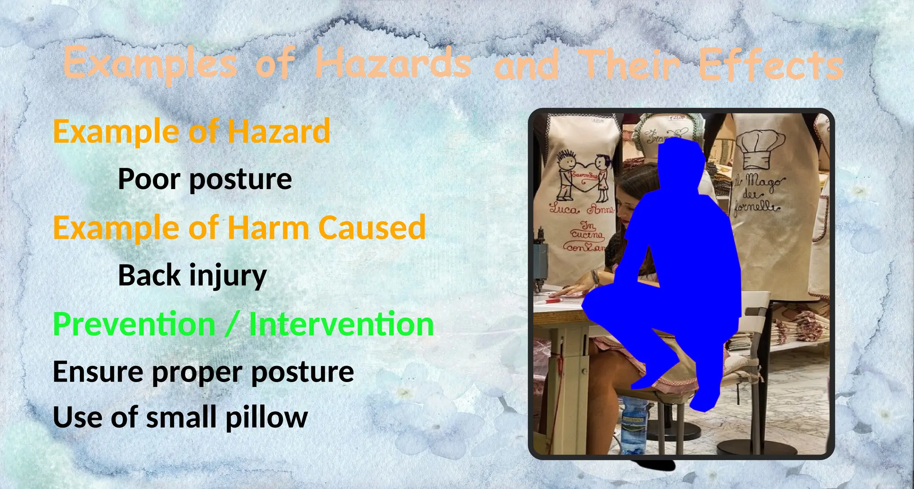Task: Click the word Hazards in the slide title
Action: (x=393, y=64)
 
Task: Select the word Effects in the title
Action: (x=770, y=66)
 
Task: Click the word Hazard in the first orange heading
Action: (x=279, y=131)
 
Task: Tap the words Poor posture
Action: (x=205, y=179)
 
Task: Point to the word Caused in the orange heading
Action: (x=372, y=228)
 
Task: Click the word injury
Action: (x=228, y=275)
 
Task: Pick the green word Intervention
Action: (x=341, y=324)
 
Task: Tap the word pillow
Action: (x=266, y=417)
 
